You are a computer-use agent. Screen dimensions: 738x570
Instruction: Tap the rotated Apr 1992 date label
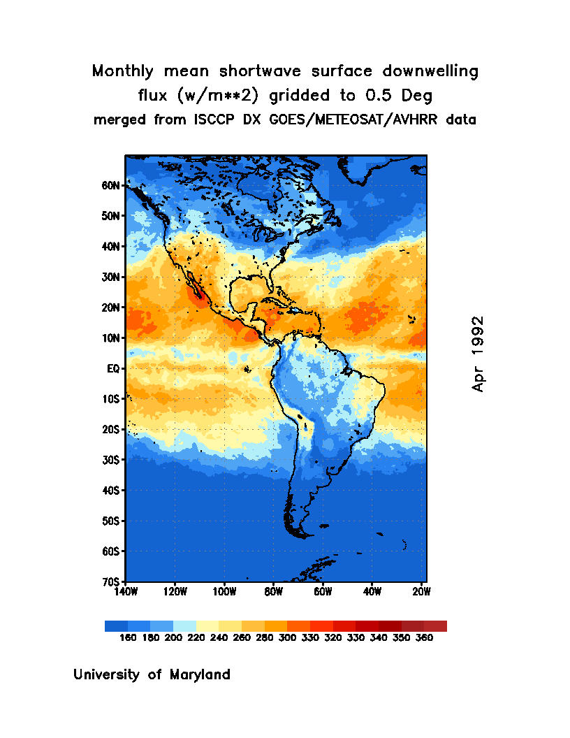478,354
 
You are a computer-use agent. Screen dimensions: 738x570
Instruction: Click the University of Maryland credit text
152,675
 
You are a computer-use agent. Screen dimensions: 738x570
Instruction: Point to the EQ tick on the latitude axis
115,368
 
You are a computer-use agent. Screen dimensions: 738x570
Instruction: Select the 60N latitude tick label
112,186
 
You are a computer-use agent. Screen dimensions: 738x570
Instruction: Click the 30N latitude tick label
112,277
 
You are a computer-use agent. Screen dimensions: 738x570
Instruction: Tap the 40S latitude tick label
112,491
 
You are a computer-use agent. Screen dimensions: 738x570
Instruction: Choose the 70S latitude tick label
112,581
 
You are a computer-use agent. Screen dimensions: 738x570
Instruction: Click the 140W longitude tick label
126,593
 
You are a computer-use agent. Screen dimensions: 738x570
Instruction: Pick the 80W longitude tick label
273,593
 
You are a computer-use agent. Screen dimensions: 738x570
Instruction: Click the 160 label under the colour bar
127,638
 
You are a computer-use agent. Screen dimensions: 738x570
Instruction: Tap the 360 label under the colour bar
424,638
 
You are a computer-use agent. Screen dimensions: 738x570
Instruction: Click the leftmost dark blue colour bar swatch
116,626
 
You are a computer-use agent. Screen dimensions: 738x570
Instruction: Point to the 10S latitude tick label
112,399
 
